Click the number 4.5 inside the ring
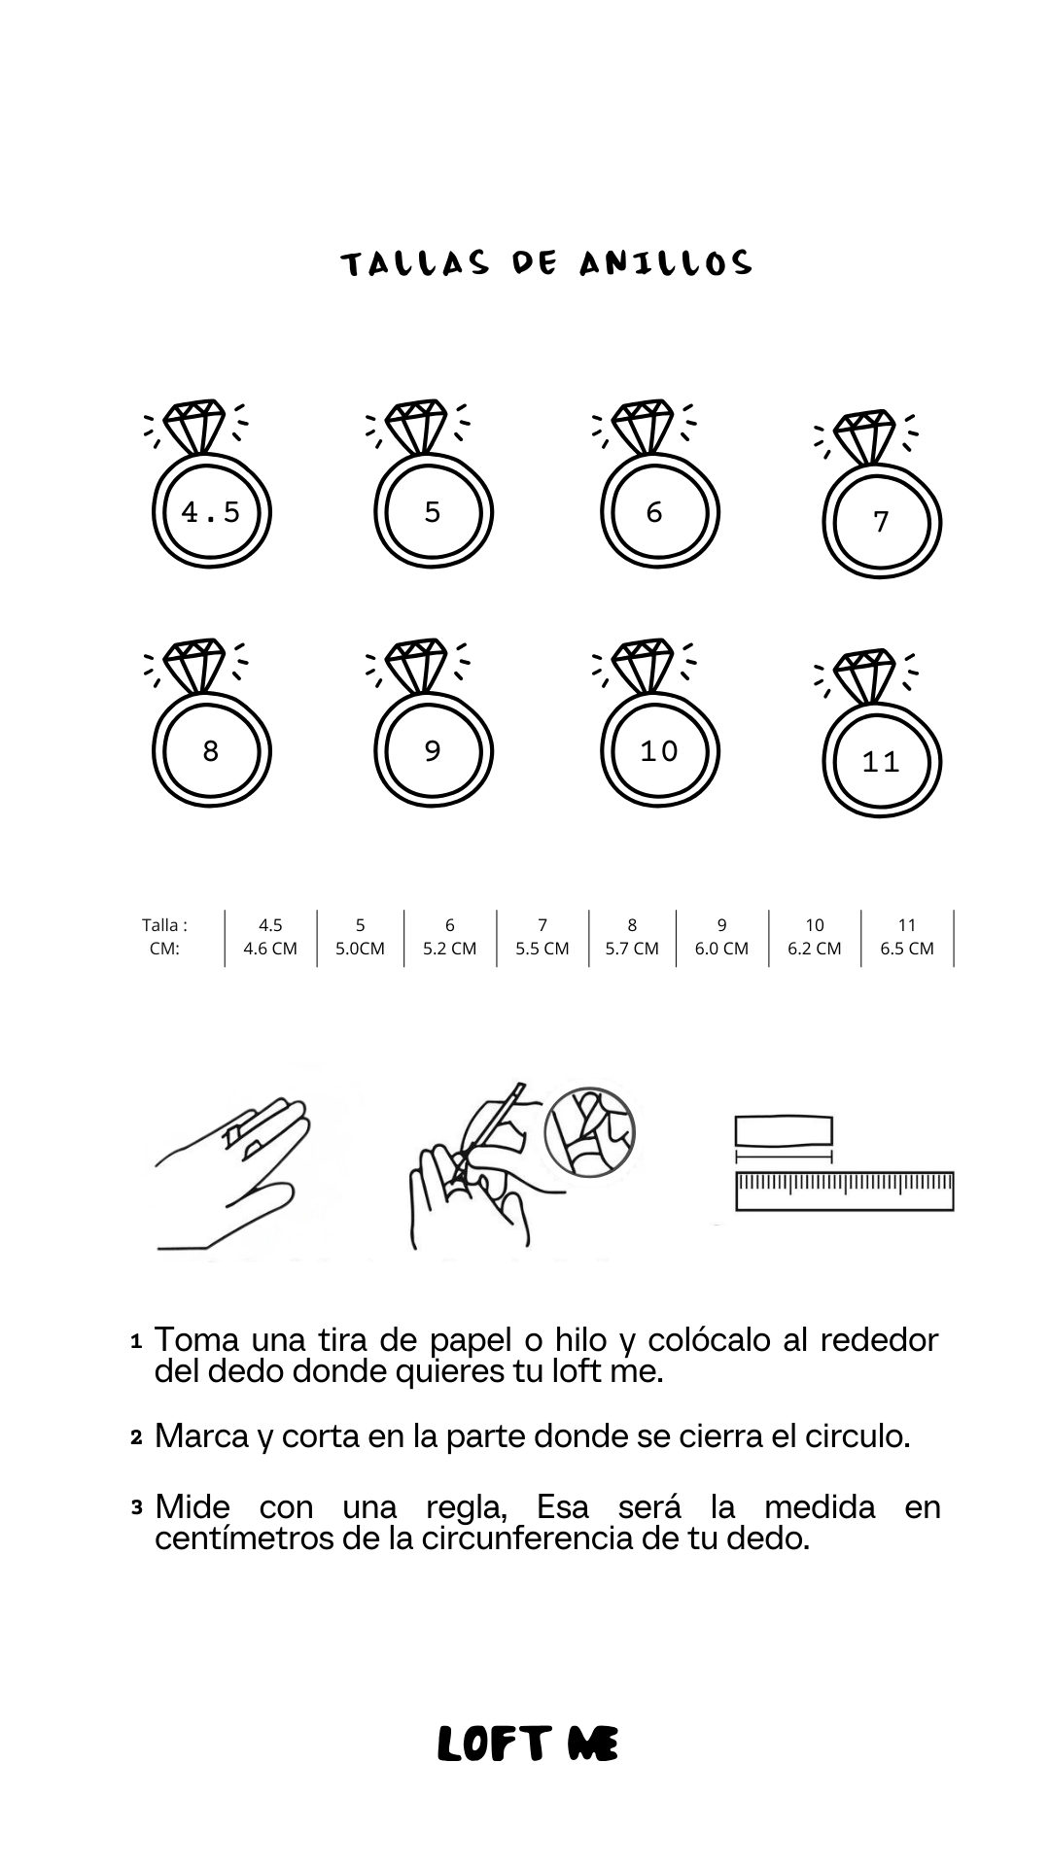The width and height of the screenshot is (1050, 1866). pos(210,511)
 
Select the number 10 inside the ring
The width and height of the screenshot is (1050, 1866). pos(658,751)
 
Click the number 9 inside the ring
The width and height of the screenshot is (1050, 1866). pos(433,751)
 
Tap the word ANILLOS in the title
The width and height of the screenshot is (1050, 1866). pos(666,263)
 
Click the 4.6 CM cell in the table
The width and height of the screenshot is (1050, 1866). pos(270,949)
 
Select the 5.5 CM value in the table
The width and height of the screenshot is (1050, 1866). pos(542,949)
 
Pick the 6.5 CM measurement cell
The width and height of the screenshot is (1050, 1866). pos(907,949)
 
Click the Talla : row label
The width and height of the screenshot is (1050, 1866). pos(164,925)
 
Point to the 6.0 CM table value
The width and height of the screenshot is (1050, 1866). pos(721,949)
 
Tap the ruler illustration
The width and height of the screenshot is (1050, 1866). pos(845,1192)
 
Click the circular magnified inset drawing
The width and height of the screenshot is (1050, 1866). pos(589,1132)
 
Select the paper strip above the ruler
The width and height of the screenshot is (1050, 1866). pos(784,1132)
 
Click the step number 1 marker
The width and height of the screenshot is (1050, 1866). pos(136,1341)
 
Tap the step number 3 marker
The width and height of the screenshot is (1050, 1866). pos(136,1508)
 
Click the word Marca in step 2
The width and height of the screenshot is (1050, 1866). pos(202,1436)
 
